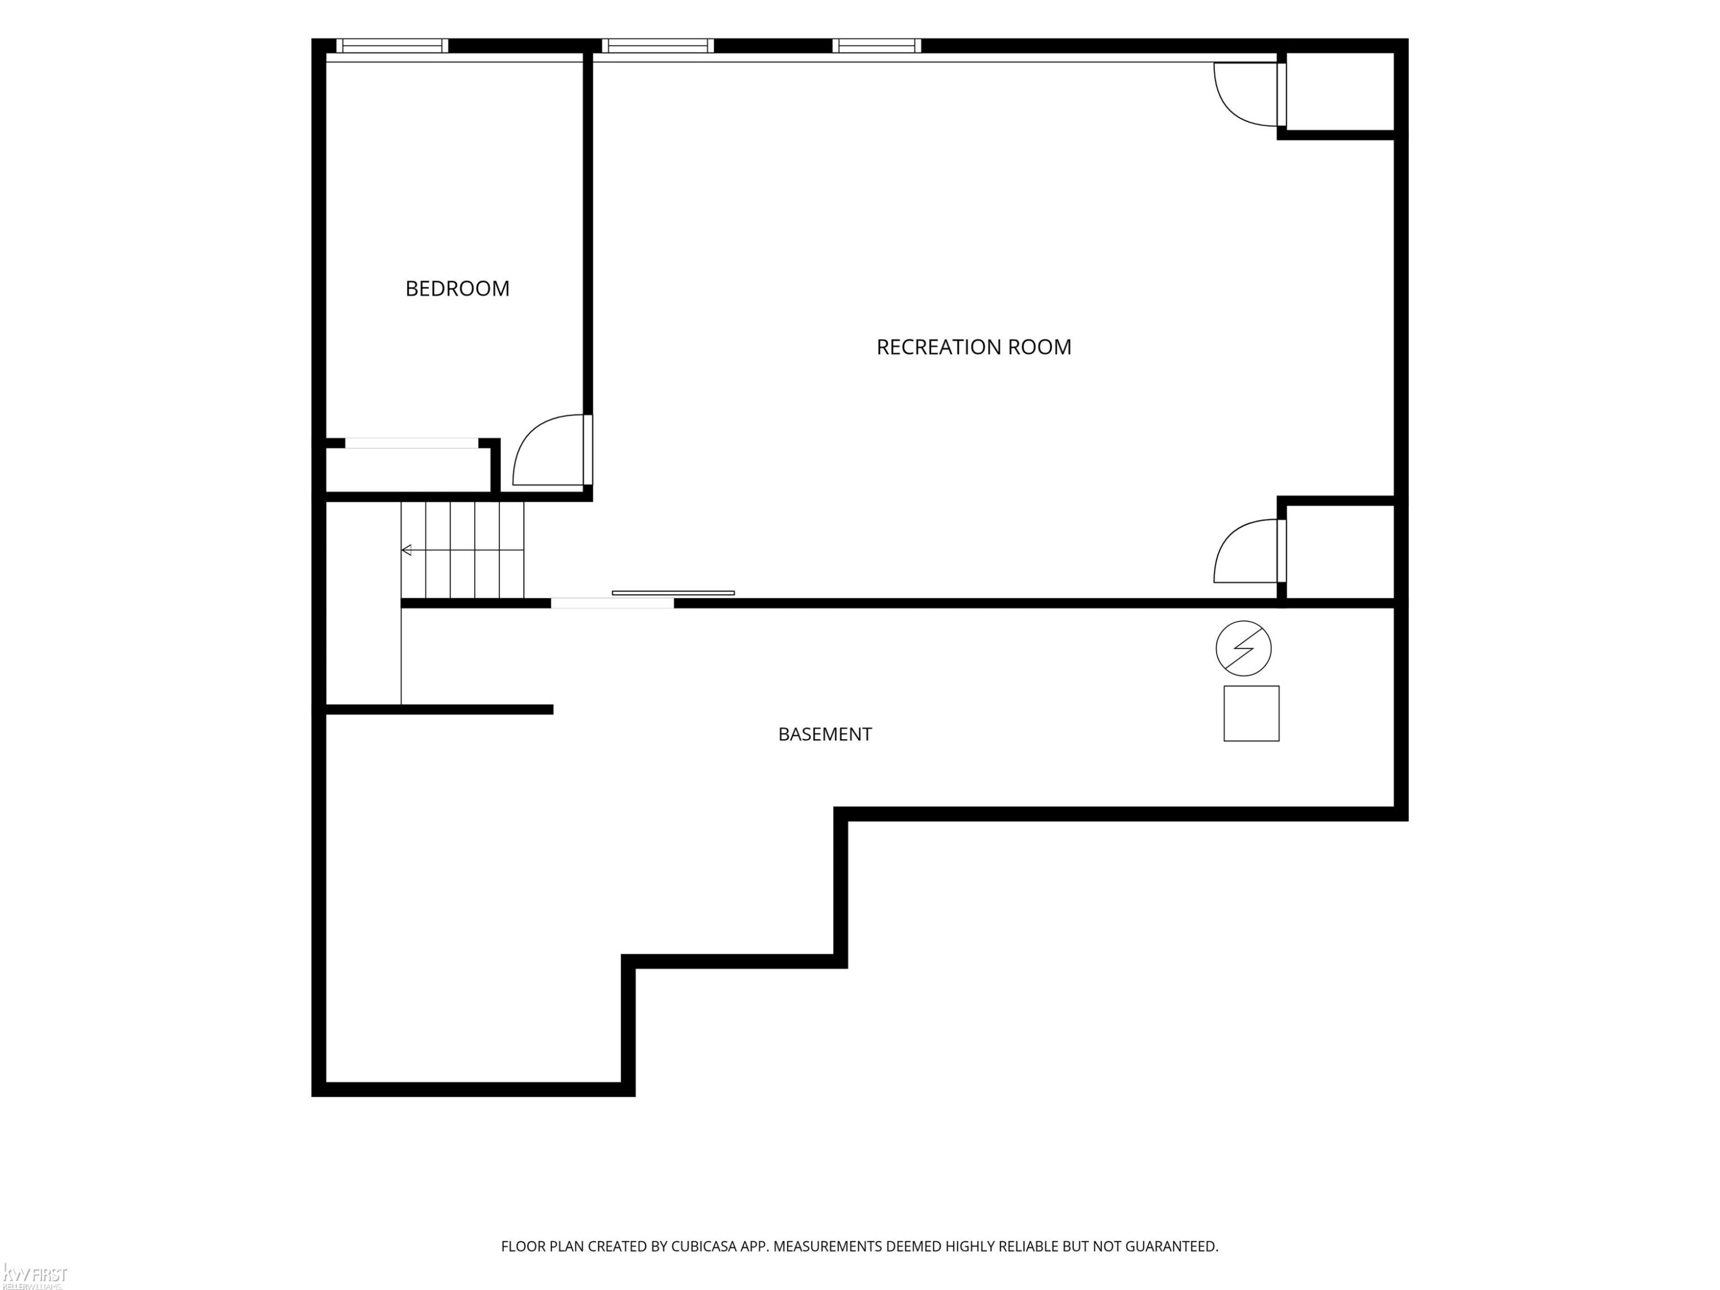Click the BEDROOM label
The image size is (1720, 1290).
coord(457,288)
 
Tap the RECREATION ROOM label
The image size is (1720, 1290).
coord(974,347)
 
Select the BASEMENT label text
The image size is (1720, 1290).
coord(825,734)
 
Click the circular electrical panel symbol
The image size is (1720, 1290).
coord(1244,648)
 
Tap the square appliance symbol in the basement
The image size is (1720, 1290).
coord(1251,713)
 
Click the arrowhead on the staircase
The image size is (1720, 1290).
coord(406,550)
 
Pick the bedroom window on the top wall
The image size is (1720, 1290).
coord(392,46)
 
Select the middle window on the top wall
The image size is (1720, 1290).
coord(657,46)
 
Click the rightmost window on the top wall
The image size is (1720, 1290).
coord(876,46)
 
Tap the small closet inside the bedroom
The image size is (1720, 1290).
coord(408,470)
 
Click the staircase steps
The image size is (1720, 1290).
coord(463,550)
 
